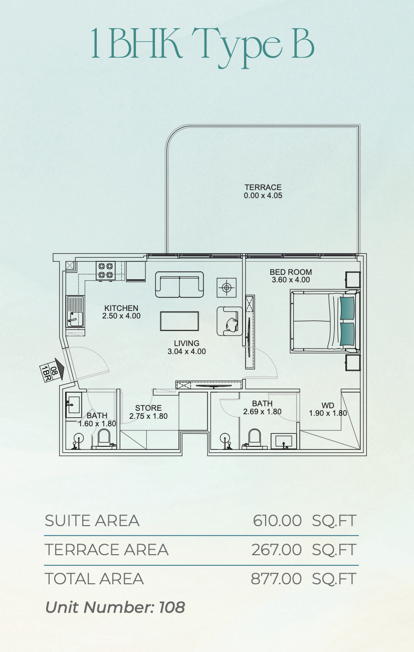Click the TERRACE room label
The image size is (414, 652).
click(263, 187)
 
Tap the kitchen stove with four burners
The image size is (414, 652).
click(105, 271)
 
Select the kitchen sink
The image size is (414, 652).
click(75, 311)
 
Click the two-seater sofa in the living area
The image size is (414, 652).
click(179, 284)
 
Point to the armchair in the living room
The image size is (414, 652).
click(230, 321)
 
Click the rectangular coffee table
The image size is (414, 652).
click(179, 321)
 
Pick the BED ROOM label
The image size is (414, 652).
click(291, 272)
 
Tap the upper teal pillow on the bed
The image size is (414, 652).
click(347, 307)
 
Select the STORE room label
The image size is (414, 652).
click(148, 408)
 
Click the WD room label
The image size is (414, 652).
click(328, 405)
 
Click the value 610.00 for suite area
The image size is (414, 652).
click(277, 521)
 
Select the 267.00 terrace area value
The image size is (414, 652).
click(276, 550)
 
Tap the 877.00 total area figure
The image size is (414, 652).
click(276, 578)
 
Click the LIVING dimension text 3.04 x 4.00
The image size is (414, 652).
click(186, 351)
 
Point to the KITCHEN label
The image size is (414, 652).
click(121, 308)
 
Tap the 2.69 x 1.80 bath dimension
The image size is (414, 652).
click(262, 412)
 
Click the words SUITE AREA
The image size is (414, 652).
click(92, 521)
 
